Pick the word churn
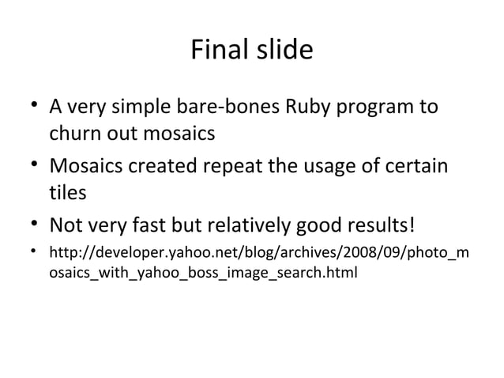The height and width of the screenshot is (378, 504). click(x=75, y=133)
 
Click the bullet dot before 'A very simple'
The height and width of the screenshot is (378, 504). click(x=34, y=105)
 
